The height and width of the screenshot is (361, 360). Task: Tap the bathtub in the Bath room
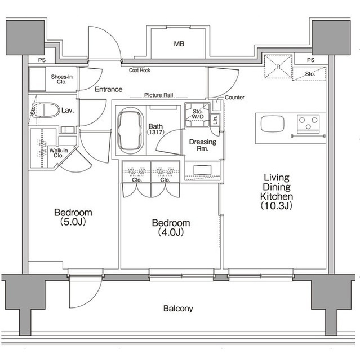(130, 131)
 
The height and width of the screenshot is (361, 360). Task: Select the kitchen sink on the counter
(273, 124)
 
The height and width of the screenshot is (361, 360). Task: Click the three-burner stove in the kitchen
(308, 124)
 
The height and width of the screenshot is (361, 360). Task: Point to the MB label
(179, 44)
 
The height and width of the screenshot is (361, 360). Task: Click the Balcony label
(178, 309)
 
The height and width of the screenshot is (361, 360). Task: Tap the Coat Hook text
(140, 70)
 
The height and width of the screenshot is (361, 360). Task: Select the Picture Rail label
(159, 95)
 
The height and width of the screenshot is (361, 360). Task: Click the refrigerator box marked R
(278, 67)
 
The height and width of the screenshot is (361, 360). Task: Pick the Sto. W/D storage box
(198, 115)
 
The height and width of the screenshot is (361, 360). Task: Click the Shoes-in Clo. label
(61, 79)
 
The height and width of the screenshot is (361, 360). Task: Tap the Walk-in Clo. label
(59, 153)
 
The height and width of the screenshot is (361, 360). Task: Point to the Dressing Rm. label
(202, 145)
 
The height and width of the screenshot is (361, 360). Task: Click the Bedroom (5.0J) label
(73, 217)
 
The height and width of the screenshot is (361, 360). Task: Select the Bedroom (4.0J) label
(171, 227)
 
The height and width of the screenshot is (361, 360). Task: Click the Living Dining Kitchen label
(277, 192)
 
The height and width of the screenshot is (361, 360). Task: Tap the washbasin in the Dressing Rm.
(202, 170)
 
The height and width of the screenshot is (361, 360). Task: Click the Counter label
(234, 98)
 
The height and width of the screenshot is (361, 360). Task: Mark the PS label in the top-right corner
(310, 60)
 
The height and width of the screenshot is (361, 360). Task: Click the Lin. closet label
(215, 120)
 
